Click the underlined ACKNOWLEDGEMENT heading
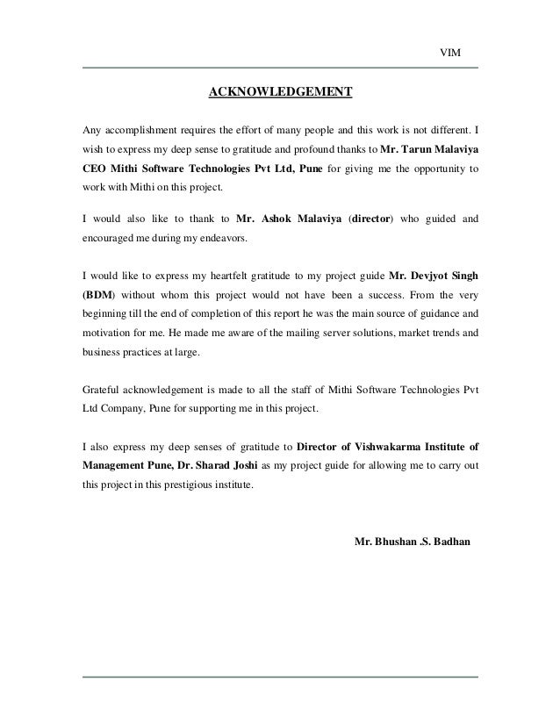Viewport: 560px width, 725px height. [x=279, y=91]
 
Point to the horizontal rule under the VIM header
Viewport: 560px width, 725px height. [x=279, y=68]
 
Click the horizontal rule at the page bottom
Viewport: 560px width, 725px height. [x=279, y=677]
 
